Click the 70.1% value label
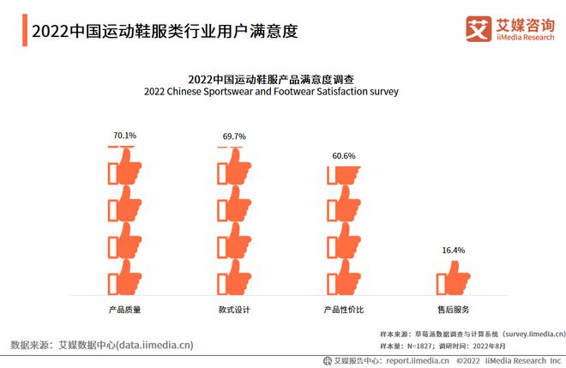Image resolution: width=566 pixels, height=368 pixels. pyautogui.click(x=124, y=136)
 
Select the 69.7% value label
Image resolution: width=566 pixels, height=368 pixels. pyautogui.click(x=234, y=136)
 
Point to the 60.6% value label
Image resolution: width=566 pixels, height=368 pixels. pyautogui.click(x=344, y=156)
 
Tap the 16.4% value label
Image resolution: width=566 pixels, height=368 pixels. pyautogui.click(x=454, y=250)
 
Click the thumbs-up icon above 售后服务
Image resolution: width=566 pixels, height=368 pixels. pyautogui.click(x=454, y=280)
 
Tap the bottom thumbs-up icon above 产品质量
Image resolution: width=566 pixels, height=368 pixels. pyautogui.click(x=124, y=278)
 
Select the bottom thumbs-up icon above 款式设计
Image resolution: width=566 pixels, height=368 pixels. pyautogui.click(x=234, y=278)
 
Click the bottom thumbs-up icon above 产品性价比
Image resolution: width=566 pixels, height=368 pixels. pyautogui.click(x=344, y=278)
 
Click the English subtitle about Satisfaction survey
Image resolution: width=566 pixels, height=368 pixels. pyautogui.click(x=271, y=91)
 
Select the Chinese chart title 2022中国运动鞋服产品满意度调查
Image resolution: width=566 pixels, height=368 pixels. pyautogui.click(x=271, y=78)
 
